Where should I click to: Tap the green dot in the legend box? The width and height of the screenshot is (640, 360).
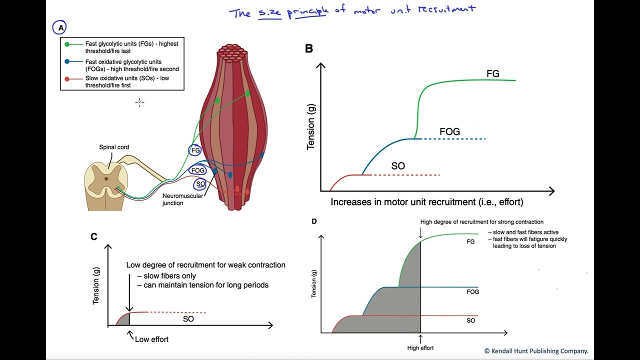[x=67, y=44]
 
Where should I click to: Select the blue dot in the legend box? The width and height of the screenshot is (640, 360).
[x=67, y=62]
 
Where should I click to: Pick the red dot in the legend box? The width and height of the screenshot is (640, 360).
[x=67, y=78]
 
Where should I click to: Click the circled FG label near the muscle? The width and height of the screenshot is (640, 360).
[x=195, y=150]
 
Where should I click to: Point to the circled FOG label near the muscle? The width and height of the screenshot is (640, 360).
[x=198, y=170]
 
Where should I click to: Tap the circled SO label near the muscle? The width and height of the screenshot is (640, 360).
[x=200, y=184]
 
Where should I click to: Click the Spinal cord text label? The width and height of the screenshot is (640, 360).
[x=114, y=147]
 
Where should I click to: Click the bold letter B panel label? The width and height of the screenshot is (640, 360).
[x=309, y=48]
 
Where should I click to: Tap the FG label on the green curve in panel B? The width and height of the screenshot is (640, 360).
[x=492, y=73]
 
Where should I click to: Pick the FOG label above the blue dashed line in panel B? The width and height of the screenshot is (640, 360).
[x=449, y=131]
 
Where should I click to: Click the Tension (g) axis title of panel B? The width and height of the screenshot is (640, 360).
[x=311, y=126]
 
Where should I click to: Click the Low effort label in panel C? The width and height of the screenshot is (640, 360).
[x=151, y=339]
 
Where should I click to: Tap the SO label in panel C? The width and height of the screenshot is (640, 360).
[x=188, y=319]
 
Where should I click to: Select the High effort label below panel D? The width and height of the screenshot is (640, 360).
[x=420, y=348]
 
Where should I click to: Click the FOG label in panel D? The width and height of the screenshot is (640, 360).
[x=472, y=291]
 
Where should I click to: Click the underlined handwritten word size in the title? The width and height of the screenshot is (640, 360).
[x=269, y=12]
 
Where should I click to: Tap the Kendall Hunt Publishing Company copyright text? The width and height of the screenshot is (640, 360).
[x=536, y=351]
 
